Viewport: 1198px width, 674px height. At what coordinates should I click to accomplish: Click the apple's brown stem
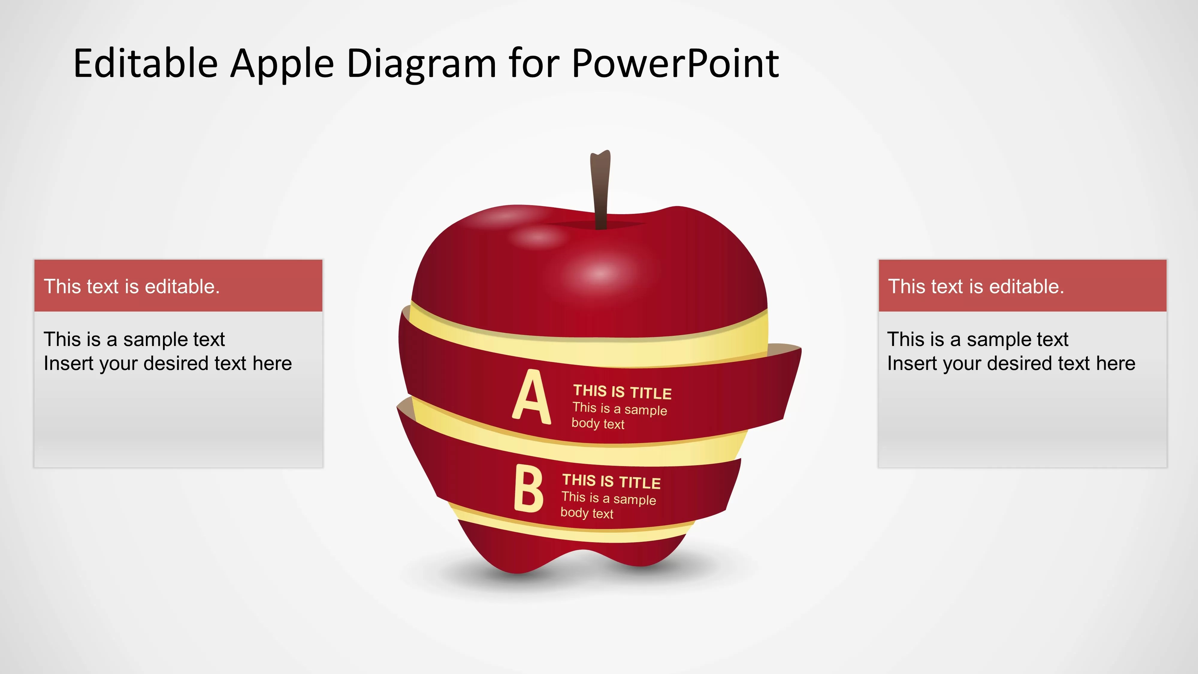(x=600, y=191)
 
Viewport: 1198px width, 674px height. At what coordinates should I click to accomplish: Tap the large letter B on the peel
(x=528, y=489)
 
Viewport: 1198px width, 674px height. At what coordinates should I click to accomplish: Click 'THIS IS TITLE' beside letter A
(x=622, y=392)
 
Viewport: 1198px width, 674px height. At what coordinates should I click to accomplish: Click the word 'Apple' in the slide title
(x=282, y=64)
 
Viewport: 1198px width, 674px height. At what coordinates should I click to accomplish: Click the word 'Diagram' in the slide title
(x=421, y=64)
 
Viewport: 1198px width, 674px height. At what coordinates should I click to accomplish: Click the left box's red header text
(x=132, y=287)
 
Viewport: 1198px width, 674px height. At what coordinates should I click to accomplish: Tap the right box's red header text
(x=976, y=287)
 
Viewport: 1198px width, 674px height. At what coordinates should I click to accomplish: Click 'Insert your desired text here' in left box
(x=167, y=363)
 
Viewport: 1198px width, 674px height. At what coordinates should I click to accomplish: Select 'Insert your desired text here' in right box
(x=1011, y=363)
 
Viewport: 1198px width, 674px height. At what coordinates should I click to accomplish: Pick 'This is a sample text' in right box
(x=978, y=339)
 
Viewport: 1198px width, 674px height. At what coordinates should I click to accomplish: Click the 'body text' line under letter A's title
(x=598, y=424)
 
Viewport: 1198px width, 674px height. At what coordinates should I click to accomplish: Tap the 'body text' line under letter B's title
(x=587, y=513)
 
